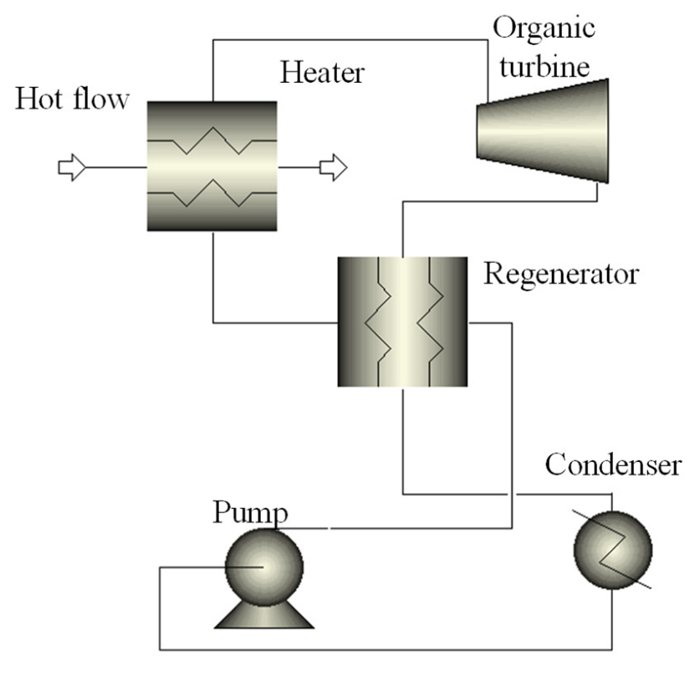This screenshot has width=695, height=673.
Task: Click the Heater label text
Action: click(322, 73)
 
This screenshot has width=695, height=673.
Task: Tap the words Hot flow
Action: click(72, 100)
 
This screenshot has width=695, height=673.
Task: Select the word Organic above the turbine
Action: click(544, 27)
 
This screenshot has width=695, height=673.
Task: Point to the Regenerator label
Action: click(561, 274)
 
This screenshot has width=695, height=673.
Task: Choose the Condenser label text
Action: click(613, 465)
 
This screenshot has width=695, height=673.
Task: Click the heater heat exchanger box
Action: click(212, 167)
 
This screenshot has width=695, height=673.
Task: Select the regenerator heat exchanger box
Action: click(401, 321)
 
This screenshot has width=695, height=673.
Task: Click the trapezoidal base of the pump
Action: click(264, 615)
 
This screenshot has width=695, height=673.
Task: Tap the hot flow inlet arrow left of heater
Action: click(71, 167)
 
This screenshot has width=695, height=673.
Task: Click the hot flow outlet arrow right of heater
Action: click(332, 167)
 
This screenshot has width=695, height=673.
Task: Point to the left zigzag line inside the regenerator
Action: click(376, 321)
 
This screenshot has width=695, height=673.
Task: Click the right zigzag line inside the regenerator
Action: click(432, 321)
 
